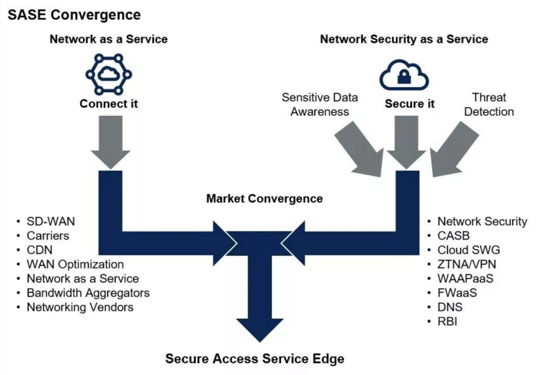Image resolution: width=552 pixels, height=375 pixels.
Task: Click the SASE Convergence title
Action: [x=74, y=15]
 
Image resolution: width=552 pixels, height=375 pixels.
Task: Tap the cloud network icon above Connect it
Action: [x=108, y=75]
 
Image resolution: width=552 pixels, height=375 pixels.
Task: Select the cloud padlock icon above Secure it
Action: [x=404, y=75]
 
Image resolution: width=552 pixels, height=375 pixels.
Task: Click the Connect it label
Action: [x=109, y=104]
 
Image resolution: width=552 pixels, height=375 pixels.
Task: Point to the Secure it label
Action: [x=410, y=104]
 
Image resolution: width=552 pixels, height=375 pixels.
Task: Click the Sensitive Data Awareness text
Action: [x=320, y=104]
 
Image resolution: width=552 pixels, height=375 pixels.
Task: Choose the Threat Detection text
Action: [x=489, y=104]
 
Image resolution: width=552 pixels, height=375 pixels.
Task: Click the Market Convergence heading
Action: [x=264, y=198]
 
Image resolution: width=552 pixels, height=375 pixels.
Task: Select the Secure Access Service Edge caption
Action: [x=254, y=359]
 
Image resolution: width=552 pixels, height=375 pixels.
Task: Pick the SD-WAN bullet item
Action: [x=51, y=221]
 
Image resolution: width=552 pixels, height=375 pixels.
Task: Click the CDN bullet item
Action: [x=40, y=250]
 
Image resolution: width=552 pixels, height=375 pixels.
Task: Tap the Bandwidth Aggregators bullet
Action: [x=88, y=293]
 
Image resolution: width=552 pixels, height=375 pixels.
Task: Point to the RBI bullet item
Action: [x=447, y=322]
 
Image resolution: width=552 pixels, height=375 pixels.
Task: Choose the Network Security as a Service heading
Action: [x=404, y=39]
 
